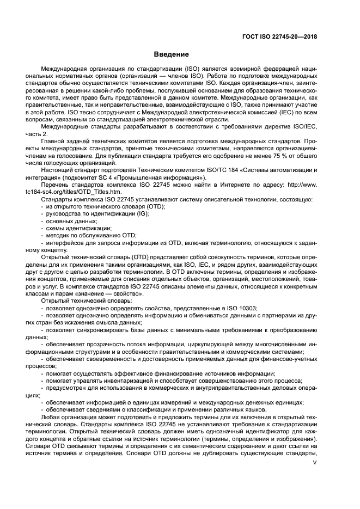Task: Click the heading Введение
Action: coord(171,54)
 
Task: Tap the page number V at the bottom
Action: coord(314,463)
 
